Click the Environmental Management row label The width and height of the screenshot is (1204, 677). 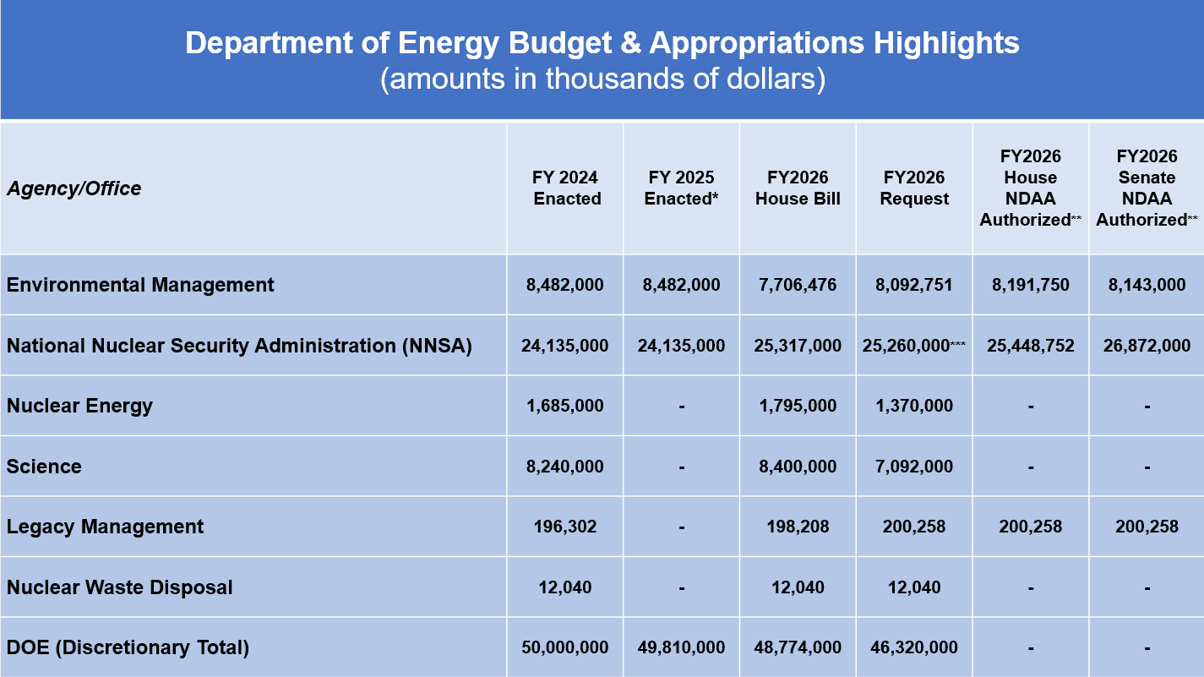(x=140, y=285)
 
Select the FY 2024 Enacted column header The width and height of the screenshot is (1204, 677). (x=566, y=188)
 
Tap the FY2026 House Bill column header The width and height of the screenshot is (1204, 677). (x=798, y=188)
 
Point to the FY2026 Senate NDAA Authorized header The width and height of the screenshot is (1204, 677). (x=1147, y=188)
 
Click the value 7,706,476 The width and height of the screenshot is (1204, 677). (x=798, y=285)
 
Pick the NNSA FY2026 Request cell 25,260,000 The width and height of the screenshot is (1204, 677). (x=908, y=346)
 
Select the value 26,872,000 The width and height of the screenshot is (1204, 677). (x=1147, y=346)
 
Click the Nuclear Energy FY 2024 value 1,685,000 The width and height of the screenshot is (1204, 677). (x=565, y=406)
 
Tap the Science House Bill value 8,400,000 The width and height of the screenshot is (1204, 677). (x=798, y=467)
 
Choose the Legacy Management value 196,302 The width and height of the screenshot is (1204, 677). (x=565, y=527)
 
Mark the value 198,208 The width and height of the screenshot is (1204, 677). (x=798, y=527)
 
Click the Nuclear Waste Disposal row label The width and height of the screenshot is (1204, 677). (x=119, y=587)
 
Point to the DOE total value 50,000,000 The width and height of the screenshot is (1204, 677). (x=565, y=647)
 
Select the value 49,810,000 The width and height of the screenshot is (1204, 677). (x=682, y=647)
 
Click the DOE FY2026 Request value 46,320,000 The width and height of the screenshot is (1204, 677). (x=914, y=647)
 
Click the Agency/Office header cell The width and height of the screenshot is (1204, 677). (x=74, y=188)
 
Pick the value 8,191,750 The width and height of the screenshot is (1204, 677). (x=1030, y=285)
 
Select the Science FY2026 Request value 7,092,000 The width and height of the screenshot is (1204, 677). (x=914, y=467)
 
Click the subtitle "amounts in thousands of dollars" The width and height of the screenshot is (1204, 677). (x=602, y=79)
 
